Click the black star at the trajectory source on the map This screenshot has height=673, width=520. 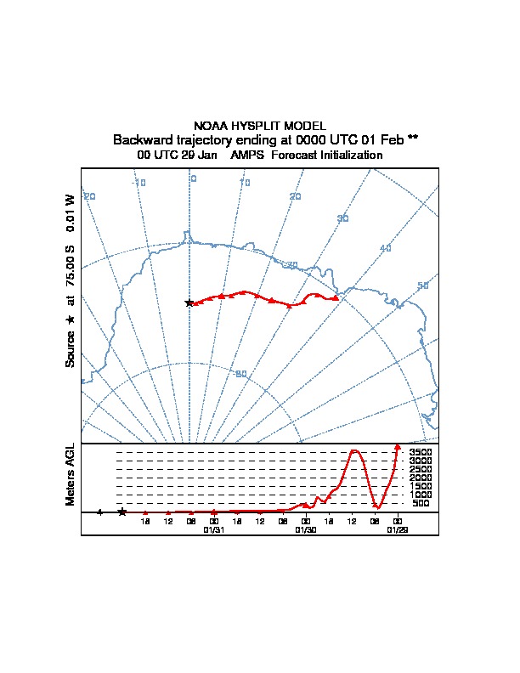tap(189, 303)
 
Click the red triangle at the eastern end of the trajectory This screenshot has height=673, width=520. tap(336, 297)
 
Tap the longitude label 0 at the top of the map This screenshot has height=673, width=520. tap(194, 178)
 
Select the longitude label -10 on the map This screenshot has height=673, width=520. tap(139, 183)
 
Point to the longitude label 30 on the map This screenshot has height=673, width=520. tap(342, 219)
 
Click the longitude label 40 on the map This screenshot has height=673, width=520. tap(386, 248)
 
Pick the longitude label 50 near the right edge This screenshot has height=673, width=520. tap(422, 286)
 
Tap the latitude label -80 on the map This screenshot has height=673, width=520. tap(241, 374)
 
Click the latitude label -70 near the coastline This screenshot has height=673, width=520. tap(291, 265)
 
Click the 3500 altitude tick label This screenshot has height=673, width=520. tap(421, 452)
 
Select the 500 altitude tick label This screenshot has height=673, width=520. tap(421, 503)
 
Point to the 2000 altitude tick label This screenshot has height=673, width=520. tap(421, 478)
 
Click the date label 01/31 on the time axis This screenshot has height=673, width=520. tap(213, 529)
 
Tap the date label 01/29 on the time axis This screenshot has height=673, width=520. tap(397, 529)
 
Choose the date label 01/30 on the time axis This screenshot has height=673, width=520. tap(305, 529)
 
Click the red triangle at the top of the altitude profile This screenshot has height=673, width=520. tap(398, 447)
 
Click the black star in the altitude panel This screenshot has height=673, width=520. tap(122, 512)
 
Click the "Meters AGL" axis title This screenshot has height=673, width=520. tap(71, 474)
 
